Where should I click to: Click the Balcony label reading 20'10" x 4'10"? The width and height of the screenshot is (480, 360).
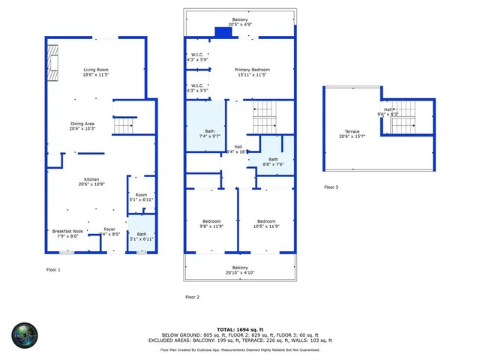[240, 270]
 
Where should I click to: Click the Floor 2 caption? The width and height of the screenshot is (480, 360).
[193, 297]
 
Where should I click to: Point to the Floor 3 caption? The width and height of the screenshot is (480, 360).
[331, 187]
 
